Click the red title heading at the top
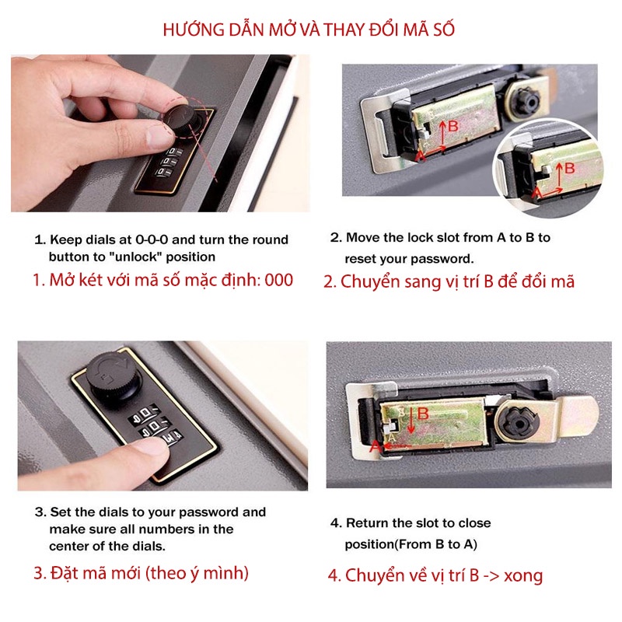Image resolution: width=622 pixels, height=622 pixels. click(x=309, y=30)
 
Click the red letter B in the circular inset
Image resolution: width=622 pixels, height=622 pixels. click(x=570, y=168)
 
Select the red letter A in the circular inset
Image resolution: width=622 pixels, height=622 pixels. click(x=537, y=194)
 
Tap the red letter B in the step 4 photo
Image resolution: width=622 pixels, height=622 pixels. click(x=423, y=414)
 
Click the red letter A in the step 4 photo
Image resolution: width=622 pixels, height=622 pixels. click(x=375, y=446)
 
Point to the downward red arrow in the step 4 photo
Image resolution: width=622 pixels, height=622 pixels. click(x=411, y=421)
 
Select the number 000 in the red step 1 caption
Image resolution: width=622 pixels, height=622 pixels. click(x=278, y=280)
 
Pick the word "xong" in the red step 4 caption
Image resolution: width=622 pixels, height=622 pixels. click(x=523, y=575)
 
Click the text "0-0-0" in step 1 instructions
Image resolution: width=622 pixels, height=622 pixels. click(x=152, y=239)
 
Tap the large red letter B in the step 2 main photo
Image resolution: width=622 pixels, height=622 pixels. click(x=453, y=126)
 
